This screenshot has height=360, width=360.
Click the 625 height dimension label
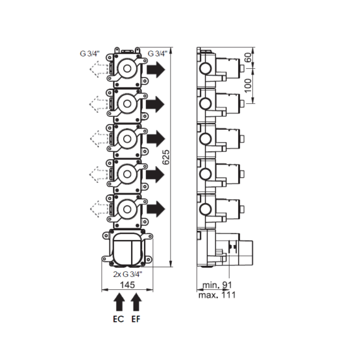pos(166,158)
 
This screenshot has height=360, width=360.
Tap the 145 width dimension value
pos(127,285)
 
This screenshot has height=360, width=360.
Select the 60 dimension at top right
pos(248,57)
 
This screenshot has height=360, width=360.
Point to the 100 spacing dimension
pos(248,86)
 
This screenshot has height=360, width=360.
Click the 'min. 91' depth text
pos(217,285)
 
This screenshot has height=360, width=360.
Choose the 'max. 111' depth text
pos(217,295)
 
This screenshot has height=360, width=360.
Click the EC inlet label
pos(119,319)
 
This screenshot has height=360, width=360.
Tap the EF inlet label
pos(136,319)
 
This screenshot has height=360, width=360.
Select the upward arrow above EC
pos(119,302)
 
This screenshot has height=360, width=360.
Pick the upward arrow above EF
pos(136,302)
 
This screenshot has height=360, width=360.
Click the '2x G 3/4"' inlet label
pos(127,274)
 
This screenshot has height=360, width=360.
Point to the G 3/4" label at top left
pos(90,54)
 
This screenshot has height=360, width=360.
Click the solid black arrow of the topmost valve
pos(156,70)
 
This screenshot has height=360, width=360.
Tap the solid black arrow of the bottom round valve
pos(156,209)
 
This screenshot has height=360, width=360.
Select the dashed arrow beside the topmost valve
pos(98,69)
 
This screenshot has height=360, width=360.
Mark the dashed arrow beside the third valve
pos(98,138)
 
